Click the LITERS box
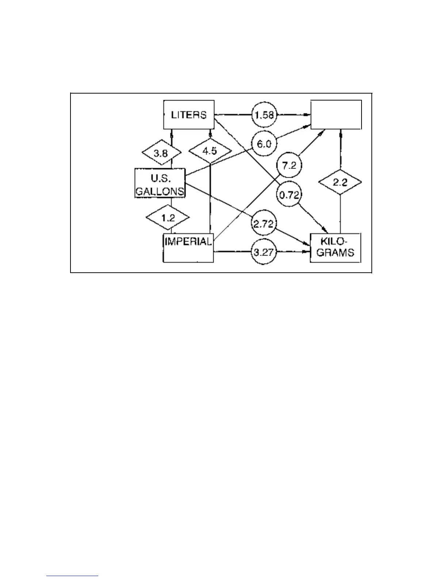pos(188,115)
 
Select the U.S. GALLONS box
pos(160,183)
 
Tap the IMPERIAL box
pos(188,248)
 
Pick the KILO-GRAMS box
pos(335,248)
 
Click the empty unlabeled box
pos(336,115)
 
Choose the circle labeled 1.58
pos(264,115)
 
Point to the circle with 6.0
pos(264,144)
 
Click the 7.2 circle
pos(289,166)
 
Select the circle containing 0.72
pos(289,195)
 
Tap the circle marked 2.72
pos(264,223)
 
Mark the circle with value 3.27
pos(264,252)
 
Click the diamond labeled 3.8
pos(161,153)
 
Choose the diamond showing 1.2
pos(168,218)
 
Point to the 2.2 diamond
pos(340,182)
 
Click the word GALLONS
pos(160,191)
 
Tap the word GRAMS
pos(335,252)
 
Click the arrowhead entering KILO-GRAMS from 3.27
pos(307,252)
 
